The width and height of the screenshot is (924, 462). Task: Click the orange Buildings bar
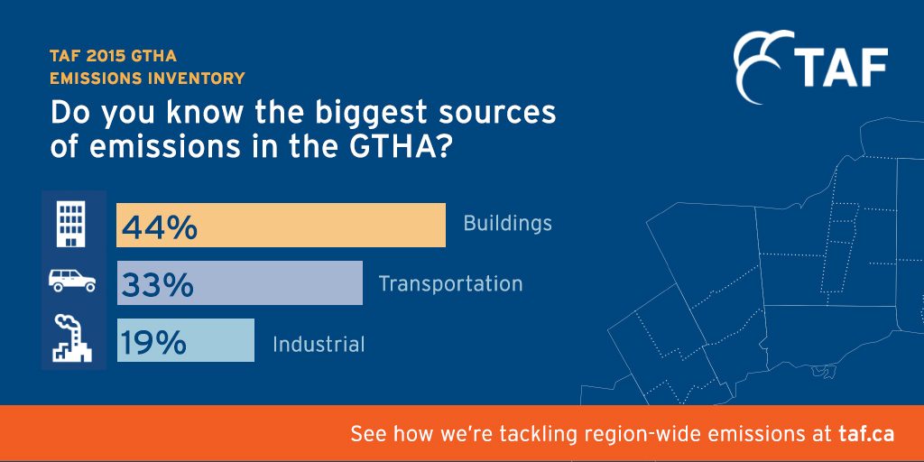pos(282,225)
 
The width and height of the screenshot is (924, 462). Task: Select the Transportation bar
pos(240,282)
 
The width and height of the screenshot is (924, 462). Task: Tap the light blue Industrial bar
pos(186,340)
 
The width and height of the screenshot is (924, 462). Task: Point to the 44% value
pos(159,226)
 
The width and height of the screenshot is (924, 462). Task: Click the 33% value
pos(157,284)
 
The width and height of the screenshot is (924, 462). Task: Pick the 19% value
pos(153,341)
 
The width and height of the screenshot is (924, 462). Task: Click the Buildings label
pos(508,224)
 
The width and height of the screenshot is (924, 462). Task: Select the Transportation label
pos(451,283)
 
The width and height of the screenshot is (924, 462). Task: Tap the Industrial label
pos(319,344)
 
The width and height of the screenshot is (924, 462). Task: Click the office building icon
pos(70,224)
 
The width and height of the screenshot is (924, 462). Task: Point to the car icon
pos(72,281)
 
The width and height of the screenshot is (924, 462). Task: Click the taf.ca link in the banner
pos(866,435)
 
